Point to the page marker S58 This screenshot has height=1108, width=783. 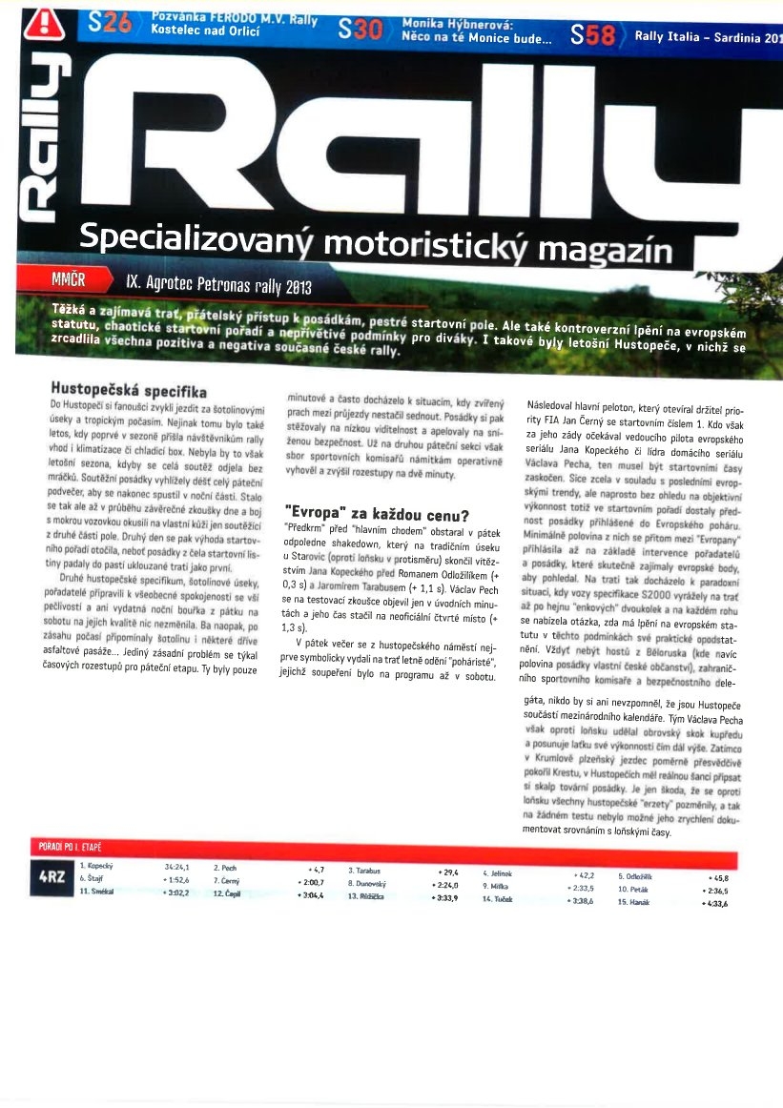592,37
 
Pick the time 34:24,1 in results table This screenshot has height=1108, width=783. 176,867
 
